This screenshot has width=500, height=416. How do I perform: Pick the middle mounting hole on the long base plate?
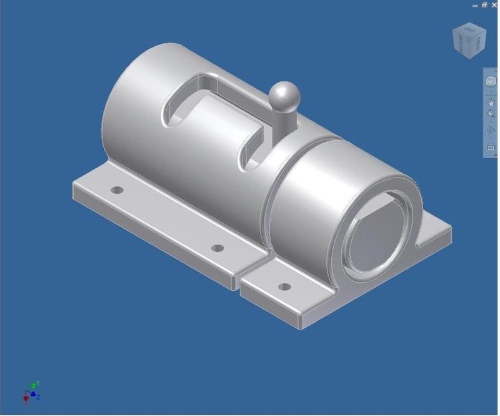tap(217, 248)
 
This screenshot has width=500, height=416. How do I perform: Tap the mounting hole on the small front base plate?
tap(284, 287)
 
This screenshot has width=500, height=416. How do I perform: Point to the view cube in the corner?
tap(469, 41)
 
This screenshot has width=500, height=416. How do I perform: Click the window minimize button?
tap(476, 4)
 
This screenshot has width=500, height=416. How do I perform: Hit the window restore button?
tap(484, 4)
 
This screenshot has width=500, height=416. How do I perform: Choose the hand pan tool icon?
tap(491, 101)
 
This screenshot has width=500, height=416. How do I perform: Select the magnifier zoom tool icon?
tap(491, 115)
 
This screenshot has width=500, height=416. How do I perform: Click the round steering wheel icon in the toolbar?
tap(491, 82)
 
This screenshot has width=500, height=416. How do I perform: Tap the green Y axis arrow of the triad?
tap(37, 383)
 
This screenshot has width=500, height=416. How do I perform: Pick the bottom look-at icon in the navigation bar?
tap(491, 148)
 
